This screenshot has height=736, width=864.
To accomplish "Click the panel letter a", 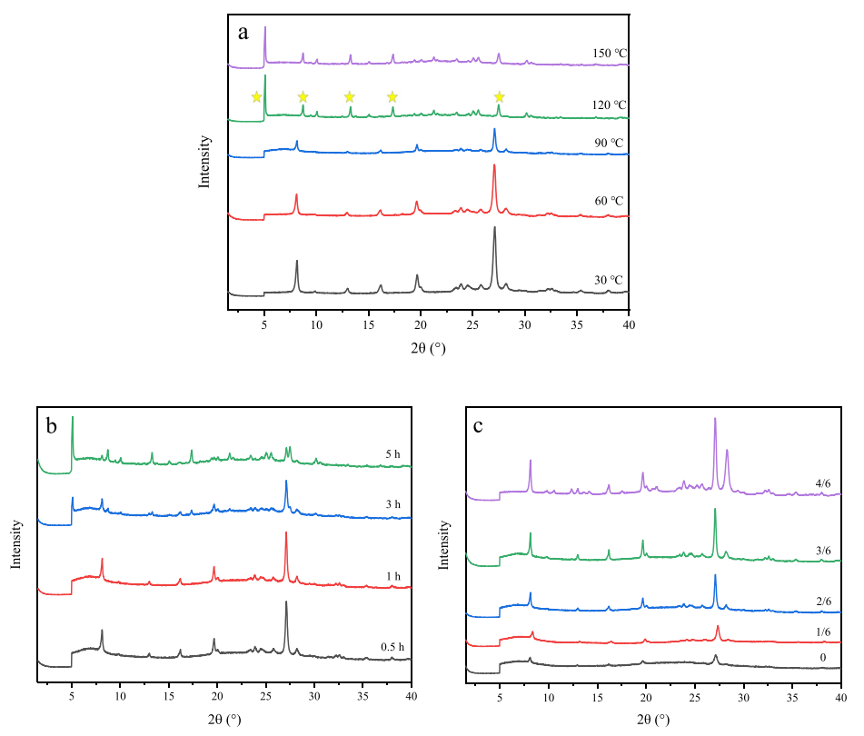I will pos(243,33).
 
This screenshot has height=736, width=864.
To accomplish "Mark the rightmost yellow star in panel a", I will pos(499,96).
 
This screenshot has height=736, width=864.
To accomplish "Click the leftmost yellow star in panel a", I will pos(256,96).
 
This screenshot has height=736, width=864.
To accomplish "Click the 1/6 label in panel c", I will pos(823,632).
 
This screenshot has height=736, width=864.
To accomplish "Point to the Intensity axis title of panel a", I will pos(205,162).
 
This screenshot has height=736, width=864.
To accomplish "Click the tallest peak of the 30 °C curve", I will pos(494,228).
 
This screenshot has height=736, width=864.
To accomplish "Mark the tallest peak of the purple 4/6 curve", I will pos(715,419).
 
